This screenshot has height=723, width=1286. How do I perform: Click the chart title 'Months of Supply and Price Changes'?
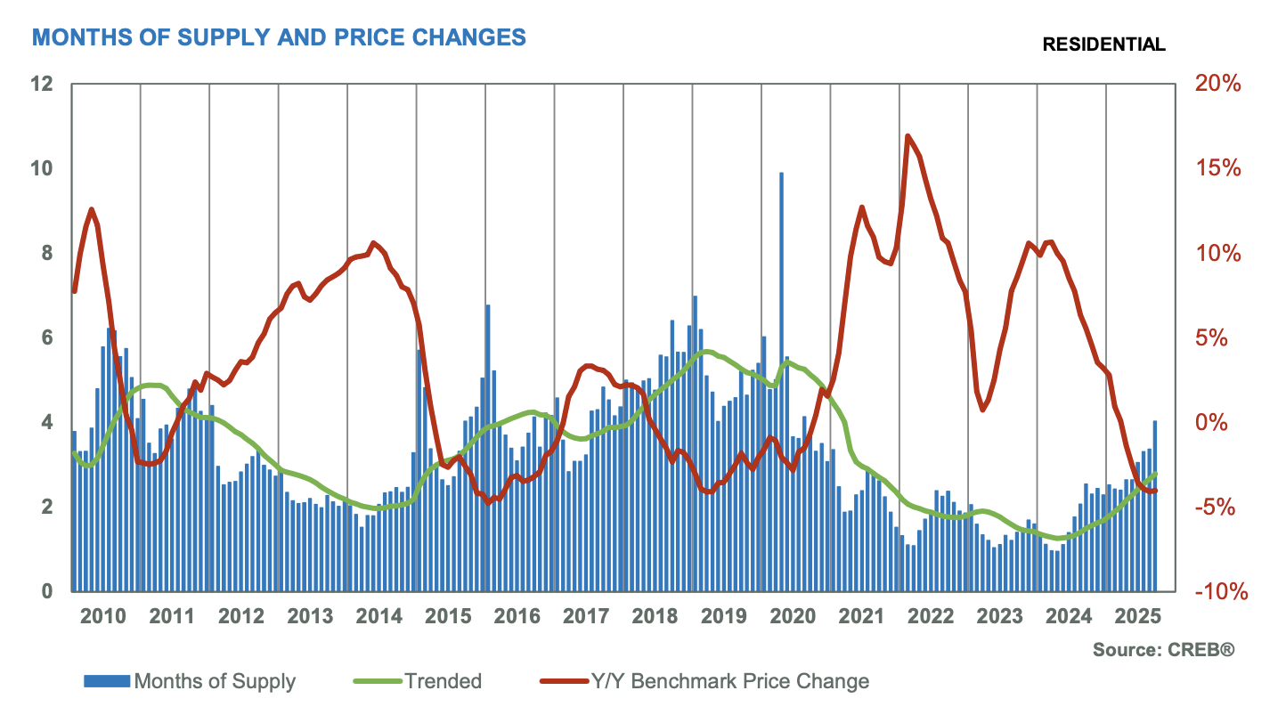(279, 37)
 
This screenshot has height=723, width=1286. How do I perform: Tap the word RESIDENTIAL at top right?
(1103, 45)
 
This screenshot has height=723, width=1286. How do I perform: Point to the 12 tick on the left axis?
(41, 85)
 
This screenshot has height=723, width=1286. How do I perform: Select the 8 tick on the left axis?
(46, 254)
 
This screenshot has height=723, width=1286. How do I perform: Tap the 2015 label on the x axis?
(451, 616)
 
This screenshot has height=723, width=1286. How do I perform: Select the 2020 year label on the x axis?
(795, 616)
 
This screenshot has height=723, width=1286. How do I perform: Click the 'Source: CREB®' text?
(1164, 651)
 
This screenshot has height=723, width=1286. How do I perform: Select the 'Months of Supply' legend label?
(215, 682)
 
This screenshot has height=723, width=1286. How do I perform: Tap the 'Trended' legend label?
(443, 682)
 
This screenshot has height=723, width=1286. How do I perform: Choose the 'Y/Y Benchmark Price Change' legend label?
(729, 682)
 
